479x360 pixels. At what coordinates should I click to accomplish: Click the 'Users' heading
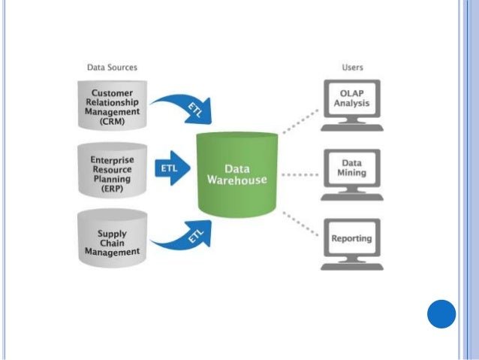pos(352,68)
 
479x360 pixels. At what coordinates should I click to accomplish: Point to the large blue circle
pos(441,313)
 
